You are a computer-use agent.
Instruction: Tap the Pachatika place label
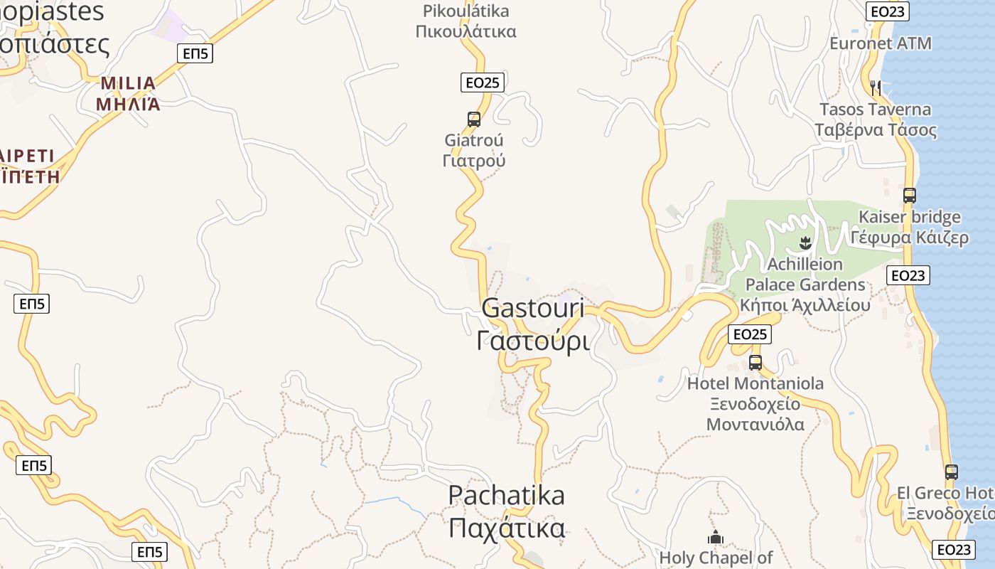(x=507, y=511)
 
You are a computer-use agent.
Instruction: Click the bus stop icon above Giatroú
(x=474, y=119)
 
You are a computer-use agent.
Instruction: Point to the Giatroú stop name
(x=474, y=150)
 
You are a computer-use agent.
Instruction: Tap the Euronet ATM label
(x=880, y=43)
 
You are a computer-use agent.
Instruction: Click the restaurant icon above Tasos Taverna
(x=876, y=87)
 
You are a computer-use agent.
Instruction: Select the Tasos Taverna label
(x=875, y=119)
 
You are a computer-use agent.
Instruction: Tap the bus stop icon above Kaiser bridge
(x=909, y=195)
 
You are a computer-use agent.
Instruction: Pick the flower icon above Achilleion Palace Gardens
(x=805, y=243)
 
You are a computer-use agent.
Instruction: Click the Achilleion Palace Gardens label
(x=805, y=284)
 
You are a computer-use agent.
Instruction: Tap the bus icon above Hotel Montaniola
(x=755, y=362)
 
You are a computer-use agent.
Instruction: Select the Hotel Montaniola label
(x=755, y=404)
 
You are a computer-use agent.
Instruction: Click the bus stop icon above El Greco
(x=952, y=472)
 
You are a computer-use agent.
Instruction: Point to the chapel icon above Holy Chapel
(x=715, y=536)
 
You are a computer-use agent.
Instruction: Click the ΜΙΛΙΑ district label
(x=128, y=93)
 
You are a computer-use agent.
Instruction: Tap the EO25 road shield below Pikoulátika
(x=482, y=83)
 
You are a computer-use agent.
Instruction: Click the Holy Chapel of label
(x=716, y=558)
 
